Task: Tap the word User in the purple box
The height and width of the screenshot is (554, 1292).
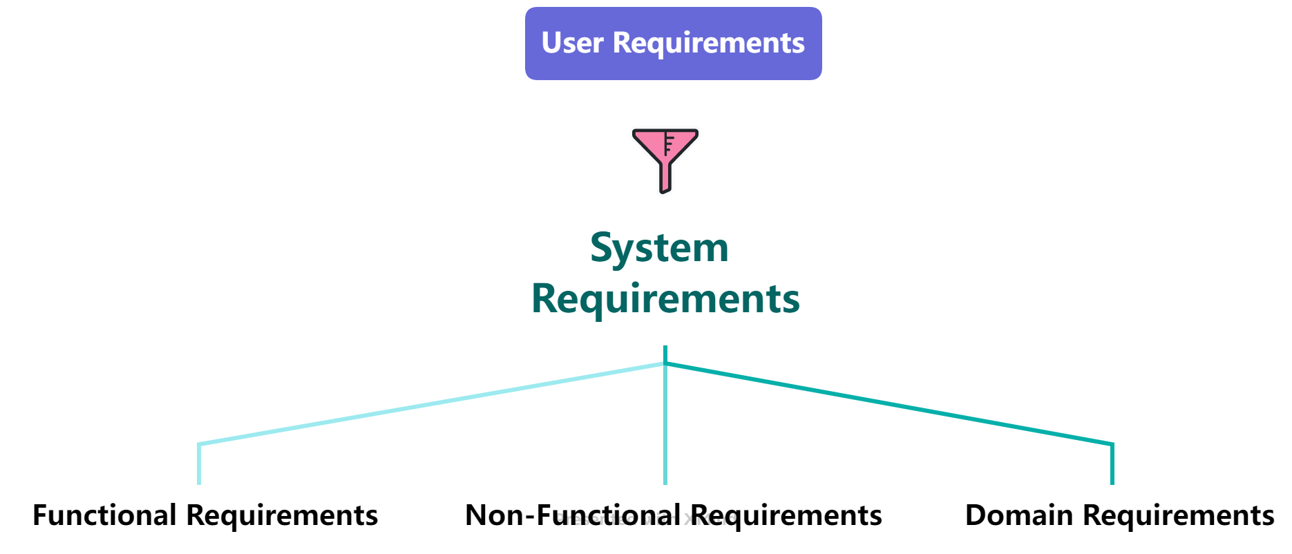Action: pyautogui.click(x=572, y=43)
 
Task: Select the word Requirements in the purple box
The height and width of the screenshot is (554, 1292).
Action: pyautogui.click(x=709, y=43)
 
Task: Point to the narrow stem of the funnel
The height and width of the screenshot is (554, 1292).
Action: pyautogui.click(x=665, y=178)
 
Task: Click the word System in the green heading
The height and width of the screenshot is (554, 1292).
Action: pyautogui.click(x=659, y=247)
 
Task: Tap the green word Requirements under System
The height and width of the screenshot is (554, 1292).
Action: pyautogui.click(x=665, y=298)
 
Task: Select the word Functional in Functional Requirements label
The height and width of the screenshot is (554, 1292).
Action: pyautogui.click(x=104, y=515)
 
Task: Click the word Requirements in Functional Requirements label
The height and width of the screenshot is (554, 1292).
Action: pyautogui.click(x=282, y=515)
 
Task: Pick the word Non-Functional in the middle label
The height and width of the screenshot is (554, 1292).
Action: pyautogui.click(x=573, y=515)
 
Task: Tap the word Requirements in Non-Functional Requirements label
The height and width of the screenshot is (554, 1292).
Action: pyautogui.click(x=786, y=515)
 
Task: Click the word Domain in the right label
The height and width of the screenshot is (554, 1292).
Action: pyautogui.click(x=1019, y=515)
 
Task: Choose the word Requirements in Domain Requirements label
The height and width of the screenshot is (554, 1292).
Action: pyautogui.click(x=1178, y=515)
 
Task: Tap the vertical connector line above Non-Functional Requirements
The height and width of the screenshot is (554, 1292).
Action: pyautogui.click(x=665, y=428)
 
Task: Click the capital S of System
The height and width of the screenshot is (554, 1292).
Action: pyautogui.click(x=602, y=247)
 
